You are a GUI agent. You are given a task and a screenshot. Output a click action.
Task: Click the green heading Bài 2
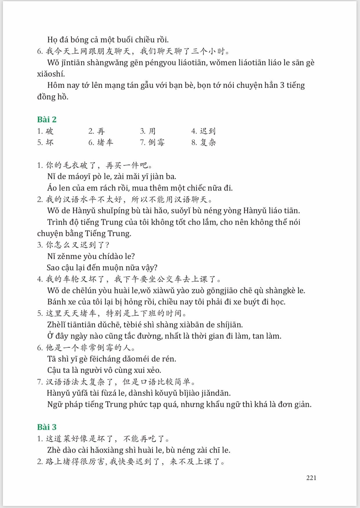click(x=47, y=119)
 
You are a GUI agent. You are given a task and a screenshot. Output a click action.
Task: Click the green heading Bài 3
click(x=47, y=427)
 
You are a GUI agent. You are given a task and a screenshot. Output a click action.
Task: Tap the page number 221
click(x=311, y=478)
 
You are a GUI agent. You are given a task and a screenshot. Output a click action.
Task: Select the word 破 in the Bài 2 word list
click(x=50, y=131)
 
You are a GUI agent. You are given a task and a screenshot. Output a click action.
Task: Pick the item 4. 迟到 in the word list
click(x=203, y=131)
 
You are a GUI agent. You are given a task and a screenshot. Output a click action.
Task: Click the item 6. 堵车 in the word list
click(x=101, y=142)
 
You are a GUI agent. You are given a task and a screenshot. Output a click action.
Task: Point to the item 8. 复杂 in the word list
click(x=204, y=142)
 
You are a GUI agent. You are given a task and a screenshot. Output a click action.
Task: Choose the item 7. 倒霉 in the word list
click(x=152, y=142)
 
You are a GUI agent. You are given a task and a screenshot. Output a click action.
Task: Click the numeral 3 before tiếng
click(x=282, y=85)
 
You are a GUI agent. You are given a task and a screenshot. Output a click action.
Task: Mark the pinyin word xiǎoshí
click(x=51, y=74)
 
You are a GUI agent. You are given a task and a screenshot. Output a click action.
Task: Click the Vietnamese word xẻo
click(x=153, y=370)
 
